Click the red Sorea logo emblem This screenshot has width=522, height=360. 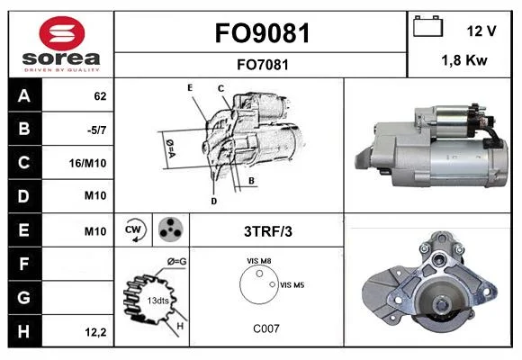pyautogui.click(x=61, y=33)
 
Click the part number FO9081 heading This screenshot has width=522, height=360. pyautogui.click(x=262, y=33)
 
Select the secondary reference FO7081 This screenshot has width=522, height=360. pyautogui.click(x=262, y=65)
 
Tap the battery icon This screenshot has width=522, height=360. pyautogui.click(x=427, y=26)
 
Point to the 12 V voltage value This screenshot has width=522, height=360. pyautogui.click(x=481, y=31)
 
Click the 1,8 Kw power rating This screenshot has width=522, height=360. pyautogui.click(x=464, y=60)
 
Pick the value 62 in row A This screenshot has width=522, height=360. pyautogui.click(x=100, y=96)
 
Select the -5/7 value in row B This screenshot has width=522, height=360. pyautogui.click(x=96, y=130)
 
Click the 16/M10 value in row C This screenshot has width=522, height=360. pyautogui.click(x=87, y=163)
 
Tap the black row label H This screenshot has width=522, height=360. pyautogui.click(x=25, y=331)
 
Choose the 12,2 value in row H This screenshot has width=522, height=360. pyautogui.click(x=95, y=332)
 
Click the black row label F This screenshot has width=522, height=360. pyautogui.click(x=25, y=264)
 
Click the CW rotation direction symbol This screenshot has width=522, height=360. pyautogui.click(x=134, y=229)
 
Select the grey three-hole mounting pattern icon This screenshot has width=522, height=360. pyautogui.click(x=171, y=229)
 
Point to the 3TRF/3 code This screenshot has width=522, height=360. pyautogui.click(x=268, y=231)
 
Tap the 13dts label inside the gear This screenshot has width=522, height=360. pyautogui.click(x=157, y=301)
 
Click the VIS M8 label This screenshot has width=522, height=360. pyautogui.click(x=258, y=261)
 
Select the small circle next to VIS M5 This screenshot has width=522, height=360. pyautogui.click(x=273, y=284)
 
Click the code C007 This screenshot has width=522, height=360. pyautogui.click(x=266, y=328)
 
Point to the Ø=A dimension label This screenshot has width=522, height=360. pyautogui.click(x=170, y=148)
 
